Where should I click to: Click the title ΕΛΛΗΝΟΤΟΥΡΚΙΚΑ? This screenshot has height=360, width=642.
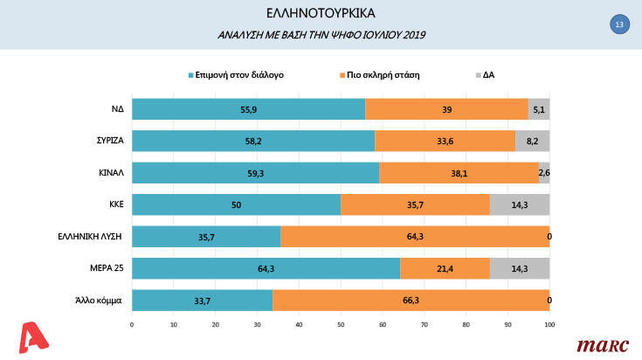pyautogui.click(x=321, y=14)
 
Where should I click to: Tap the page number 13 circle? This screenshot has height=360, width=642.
pyautogui.click(x=618, y=25)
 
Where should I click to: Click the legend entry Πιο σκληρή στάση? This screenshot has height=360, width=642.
pyautogui.click(x=383, y=75)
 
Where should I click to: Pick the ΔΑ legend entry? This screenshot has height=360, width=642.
pyautogui.click(x=488, y=75)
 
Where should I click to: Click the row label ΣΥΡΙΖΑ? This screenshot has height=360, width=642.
pyautogui.click(x=108, y=141)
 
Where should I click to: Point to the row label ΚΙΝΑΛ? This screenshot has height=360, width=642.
pyautogui.click(x=112, y=173)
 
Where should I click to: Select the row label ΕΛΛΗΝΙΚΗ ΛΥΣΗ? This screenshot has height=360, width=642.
pyautogui.click(x=95, y=237)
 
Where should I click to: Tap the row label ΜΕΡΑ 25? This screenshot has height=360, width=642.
pyautogui.click(x=107, y=269)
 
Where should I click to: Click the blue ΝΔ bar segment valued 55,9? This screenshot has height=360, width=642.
pyautogui.click(x=248, y=109)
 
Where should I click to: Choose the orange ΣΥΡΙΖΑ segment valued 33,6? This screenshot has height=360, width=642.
pyautogui.click(x=445, y=141)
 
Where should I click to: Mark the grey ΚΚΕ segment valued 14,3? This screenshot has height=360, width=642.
pyautogui.click(x=520, y=204)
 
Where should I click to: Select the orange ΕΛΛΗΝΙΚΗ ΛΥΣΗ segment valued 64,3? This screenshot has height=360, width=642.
pyautogui.click(x=415, y=237)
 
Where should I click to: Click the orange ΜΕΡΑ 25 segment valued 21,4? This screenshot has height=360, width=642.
pyautogui.click(x=445, y=269)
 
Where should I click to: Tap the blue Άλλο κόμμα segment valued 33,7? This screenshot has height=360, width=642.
pyautogui.click(x=202, y=301)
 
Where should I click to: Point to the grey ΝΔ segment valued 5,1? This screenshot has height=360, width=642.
pyautogui.click(x=539, y=109)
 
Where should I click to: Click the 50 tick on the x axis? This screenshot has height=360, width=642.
pyautogui.click(x=341, y=325)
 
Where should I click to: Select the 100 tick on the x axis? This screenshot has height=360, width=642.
pyautogui.click(x=549, y=325)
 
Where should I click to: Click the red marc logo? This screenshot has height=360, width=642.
pyautogui.click(x=603, y=344)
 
